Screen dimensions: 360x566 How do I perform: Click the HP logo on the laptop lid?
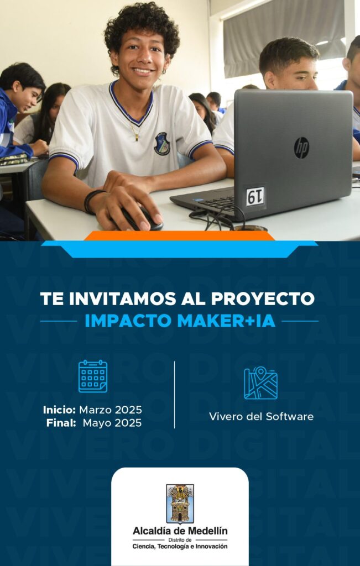pyautogui.click(x=301, y=148)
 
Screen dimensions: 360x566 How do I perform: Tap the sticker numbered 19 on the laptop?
pyautogui.click(x=255, y=196)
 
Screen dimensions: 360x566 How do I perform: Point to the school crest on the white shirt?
pyautogui.click(x=162, y=143)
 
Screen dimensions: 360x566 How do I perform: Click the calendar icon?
pyautogui.click(x=93, y=376)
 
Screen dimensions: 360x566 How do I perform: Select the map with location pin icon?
pyautogui.click(x=260, y=382)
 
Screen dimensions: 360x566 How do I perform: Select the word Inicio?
pyautogui.click(x=59, y=410)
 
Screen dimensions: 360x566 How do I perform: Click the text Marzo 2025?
pyautogui.click(x=111, y=410)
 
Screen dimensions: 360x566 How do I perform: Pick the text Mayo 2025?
pyautogui.click(x=112, y=423)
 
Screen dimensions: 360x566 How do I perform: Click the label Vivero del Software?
pyautogui.click(x=261, y=417)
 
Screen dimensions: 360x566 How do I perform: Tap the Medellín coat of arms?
pyautogui.click(x=180, y=504)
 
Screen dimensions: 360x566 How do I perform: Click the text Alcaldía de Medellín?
pyautogui.click(x=180, y=531)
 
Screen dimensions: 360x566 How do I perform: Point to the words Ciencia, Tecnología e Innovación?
pyautogui.click(x=180, y=547)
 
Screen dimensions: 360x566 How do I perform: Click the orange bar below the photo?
pyautogui.click(x=180, y=235)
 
